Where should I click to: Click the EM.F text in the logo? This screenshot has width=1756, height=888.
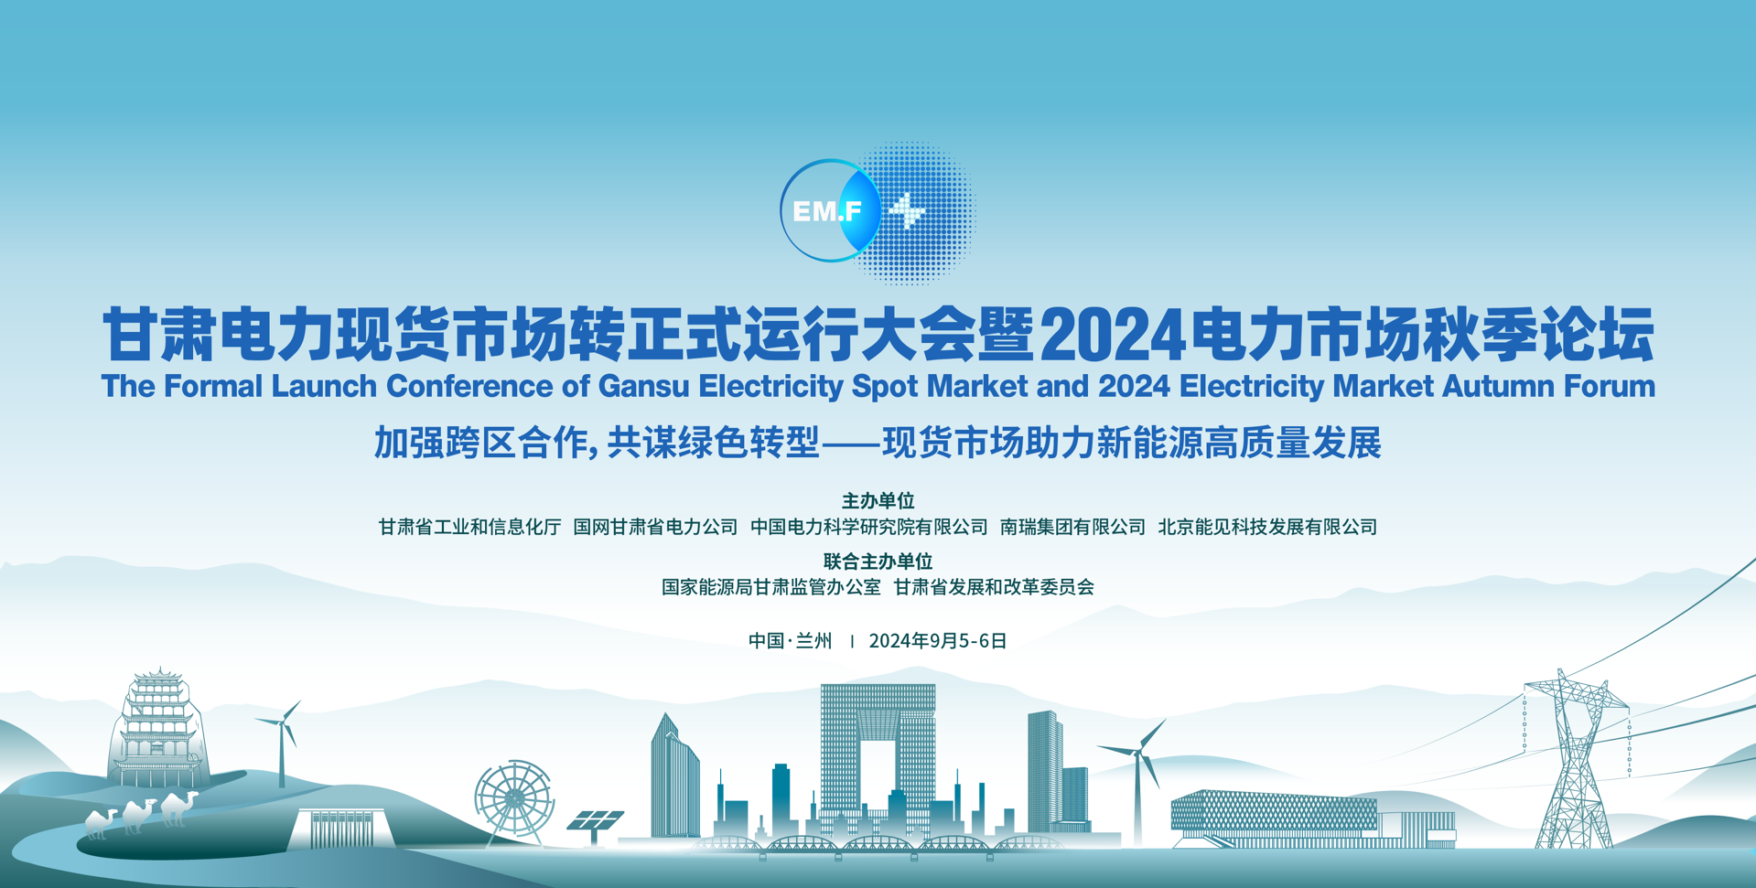pyautogui.click(x=827, y=212)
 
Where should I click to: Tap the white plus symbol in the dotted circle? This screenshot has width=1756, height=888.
pyautogui.click(x=908, y=211)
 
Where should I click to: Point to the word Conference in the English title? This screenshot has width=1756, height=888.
pyautogui.click(x=469, y=386)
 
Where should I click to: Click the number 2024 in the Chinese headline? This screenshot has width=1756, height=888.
pyautogui.click(x=1114, y=336)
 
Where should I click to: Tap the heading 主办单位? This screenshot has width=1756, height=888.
pyautogui.click(x=878, y=500)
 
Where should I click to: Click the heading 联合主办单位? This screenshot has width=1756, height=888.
pyautogui.click(x=878, y=561)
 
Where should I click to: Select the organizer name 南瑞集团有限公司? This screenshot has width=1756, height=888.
pyautogui.click(x=1072, y=527)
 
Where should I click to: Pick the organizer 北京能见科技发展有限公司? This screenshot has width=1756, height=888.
pyautogui.click(x=1267, y=527)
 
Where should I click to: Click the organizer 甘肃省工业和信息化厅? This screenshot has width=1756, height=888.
pyautogui.click(x=469, y=527)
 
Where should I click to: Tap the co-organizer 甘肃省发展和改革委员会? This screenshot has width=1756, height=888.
pyautogui.click(x=994, y=587)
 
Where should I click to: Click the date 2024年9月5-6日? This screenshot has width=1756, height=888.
pyautogui.click(x=937, y=641)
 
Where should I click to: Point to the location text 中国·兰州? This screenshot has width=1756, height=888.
pyautogui.click(x=790, y=641)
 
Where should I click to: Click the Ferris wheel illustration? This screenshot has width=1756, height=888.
pyautogui.click(x=514, y=798)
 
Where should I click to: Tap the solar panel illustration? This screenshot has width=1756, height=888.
pyautogui.click(x=595, y=820)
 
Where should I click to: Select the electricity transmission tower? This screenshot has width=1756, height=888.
pyautogui.click(x=1574, y=759)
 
